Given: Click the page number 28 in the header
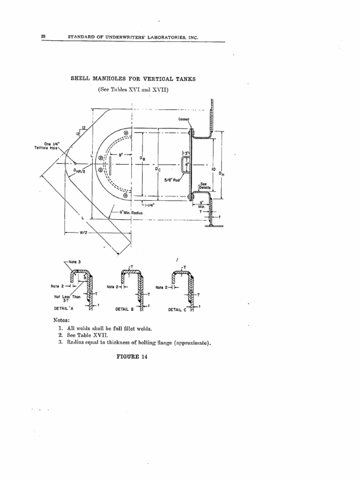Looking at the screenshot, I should point(43,37).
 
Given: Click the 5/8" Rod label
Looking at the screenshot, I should point(171,179).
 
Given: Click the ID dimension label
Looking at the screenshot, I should point(213,169).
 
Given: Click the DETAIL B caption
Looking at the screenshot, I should point(125,309).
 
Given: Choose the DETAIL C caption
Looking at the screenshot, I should point(178,309).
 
